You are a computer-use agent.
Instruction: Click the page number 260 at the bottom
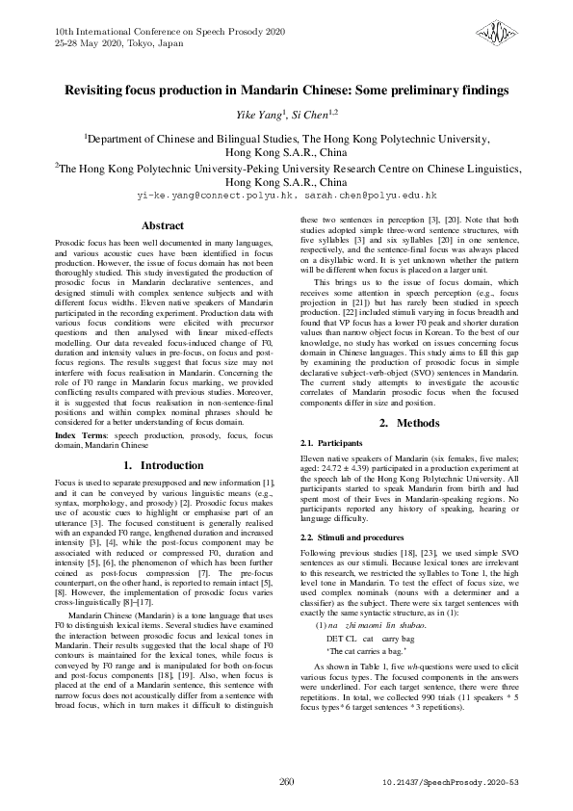point(286,781)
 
